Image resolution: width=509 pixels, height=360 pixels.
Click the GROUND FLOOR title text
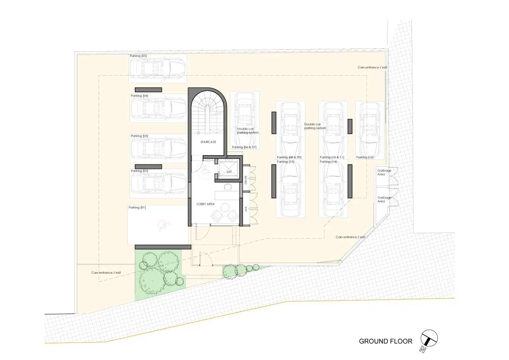(x=385, y=341)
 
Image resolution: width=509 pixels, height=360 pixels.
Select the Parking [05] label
(x=138, y=56)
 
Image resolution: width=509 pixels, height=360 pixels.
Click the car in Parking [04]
(x=159, y=109)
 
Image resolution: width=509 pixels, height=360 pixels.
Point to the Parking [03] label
(x=139, y=136)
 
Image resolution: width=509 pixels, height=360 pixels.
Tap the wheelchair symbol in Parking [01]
(x=163, y=226)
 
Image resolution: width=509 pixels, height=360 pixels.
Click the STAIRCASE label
(x=208, y=142)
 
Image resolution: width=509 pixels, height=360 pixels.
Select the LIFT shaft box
(x=229, y=169)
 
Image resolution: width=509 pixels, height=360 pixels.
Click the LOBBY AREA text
(x=206, y=204)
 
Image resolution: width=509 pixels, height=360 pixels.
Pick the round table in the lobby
(x=225, y=208)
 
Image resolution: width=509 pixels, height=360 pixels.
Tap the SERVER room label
(x=246, y=180)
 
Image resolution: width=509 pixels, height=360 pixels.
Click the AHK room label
(x=246, y=209)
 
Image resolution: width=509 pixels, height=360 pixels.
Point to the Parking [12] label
(x=365, y=157)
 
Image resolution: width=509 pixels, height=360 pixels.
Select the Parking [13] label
(x=285, y=162)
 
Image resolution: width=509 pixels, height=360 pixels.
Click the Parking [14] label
(x=328, y=162)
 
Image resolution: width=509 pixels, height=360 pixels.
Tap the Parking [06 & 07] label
(x=244, y=147)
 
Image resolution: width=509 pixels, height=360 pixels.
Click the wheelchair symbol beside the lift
(x=206, y=170)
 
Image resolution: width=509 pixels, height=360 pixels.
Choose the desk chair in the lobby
(x=228, y=187)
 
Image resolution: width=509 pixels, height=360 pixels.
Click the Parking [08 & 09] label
(x=289, y=157)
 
